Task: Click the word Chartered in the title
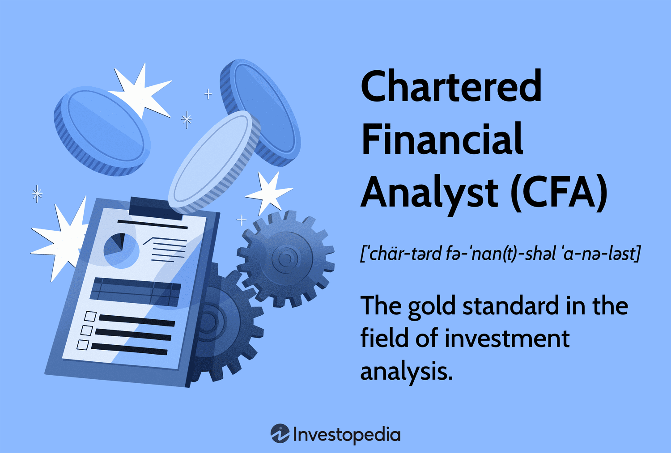coord(451,86)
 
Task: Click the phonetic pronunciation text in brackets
coord(501,254)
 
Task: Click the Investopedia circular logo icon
coord(280,434)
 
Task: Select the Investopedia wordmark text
coord(347,435)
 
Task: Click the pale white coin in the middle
coord(215,161)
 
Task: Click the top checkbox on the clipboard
coord(90,316)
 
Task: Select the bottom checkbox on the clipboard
coord(83,344)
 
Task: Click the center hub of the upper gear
coord(285,258)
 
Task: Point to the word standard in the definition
coord(510,307)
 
